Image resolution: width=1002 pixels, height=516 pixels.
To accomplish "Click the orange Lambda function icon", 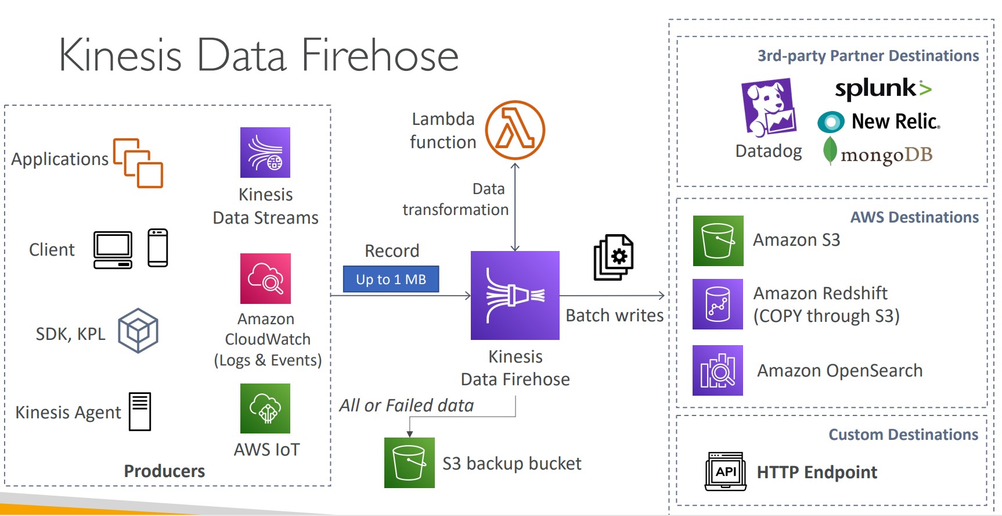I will coord(515,130).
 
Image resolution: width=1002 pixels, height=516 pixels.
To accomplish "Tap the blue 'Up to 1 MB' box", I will coord(391,279).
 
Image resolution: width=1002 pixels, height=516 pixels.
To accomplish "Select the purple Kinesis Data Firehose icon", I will coord(515,295).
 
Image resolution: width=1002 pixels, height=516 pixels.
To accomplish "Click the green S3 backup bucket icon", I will coord(409,463).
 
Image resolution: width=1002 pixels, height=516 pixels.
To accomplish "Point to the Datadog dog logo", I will coord(768,108).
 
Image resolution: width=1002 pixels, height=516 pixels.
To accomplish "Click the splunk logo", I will coord(883,88).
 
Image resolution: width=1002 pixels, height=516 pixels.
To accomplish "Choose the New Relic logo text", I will coord(895,121).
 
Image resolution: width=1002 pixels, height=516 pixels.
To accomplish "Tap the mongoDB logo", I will coord(878,153).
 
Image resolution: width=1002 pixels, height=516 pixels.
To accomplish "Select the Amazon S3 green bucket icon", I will coord(718,241).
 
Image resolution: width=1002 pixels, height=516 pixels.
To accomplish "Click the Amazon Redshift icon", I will coord(718,304).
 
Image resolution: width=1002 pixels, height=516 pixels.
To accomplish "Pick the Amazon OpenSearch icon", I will coord(718,370).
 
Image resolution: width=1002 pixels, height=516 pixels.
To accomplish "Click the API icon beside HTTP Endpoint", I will coord(726,471).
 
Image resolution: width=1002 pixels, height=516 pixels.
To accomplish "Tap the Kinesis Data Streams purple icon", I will coord(265,152).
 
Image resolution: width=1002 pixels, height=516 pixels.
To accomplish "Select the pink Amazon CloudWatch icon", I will coord(265,278).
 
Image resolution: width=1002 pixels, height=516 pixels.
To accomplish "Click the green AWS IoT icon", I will coord(265,408).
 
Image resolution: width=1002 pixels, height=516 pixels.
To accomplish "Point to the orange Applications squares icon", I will coord(138,163).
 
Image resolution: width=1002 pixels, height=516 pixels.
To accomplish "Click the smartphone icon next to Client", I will coord(158,248).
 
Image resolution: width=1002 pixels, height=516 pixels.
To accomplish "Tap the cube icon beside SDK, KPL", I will coord(138,331).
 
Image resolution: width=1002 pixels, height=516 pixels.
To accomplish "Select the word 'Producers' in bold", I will coord(164,471).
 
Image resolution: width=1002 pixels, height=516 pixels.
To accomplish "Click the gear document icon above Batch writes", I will coord(614,257).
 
